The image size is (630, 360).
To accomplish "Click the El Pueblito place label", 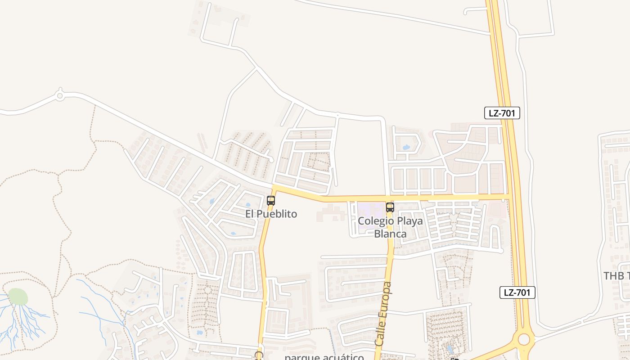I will (x=271, y=214).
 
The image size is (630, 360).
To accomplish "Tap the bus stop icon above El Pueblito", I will (x=271, y=201).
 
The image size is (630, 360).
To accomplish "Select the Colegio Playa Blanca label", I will (x=382, y=227).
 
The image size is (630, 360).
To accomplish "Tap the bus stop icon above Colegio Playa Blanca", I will (x=390, y=207).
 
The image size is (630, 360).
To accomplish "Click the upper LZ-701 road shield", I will (x=502, y=113).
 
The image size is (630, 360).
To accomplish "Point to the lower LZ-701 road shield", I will (x=517, y=292).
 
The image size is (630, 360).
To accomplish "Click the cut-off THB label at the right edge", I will (x=616, y=276).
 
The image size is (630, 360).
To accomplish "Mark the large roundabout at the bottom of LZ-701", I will (x=524, y=339).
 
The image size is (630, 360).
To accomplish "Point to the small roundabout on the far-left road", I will (x=60, y=95).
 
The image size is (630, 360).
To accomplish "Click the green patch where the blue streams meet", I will (x=18, y=297).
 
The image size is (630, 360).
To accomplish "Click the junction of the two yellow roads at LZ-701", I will (x=508, y=197).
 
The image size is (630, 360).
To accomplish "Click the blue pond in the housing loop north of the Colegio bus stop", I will (x=406, y=147).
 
